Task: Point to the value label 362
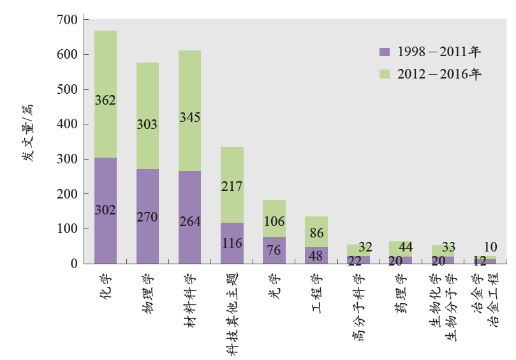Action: (105, 100)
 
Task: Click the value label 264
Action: (189, 222)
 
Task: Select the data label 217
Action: (232, 187)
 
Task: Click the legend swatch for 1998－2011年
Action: (383, 52)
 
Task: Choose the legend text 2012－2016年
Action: (439, 74)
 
